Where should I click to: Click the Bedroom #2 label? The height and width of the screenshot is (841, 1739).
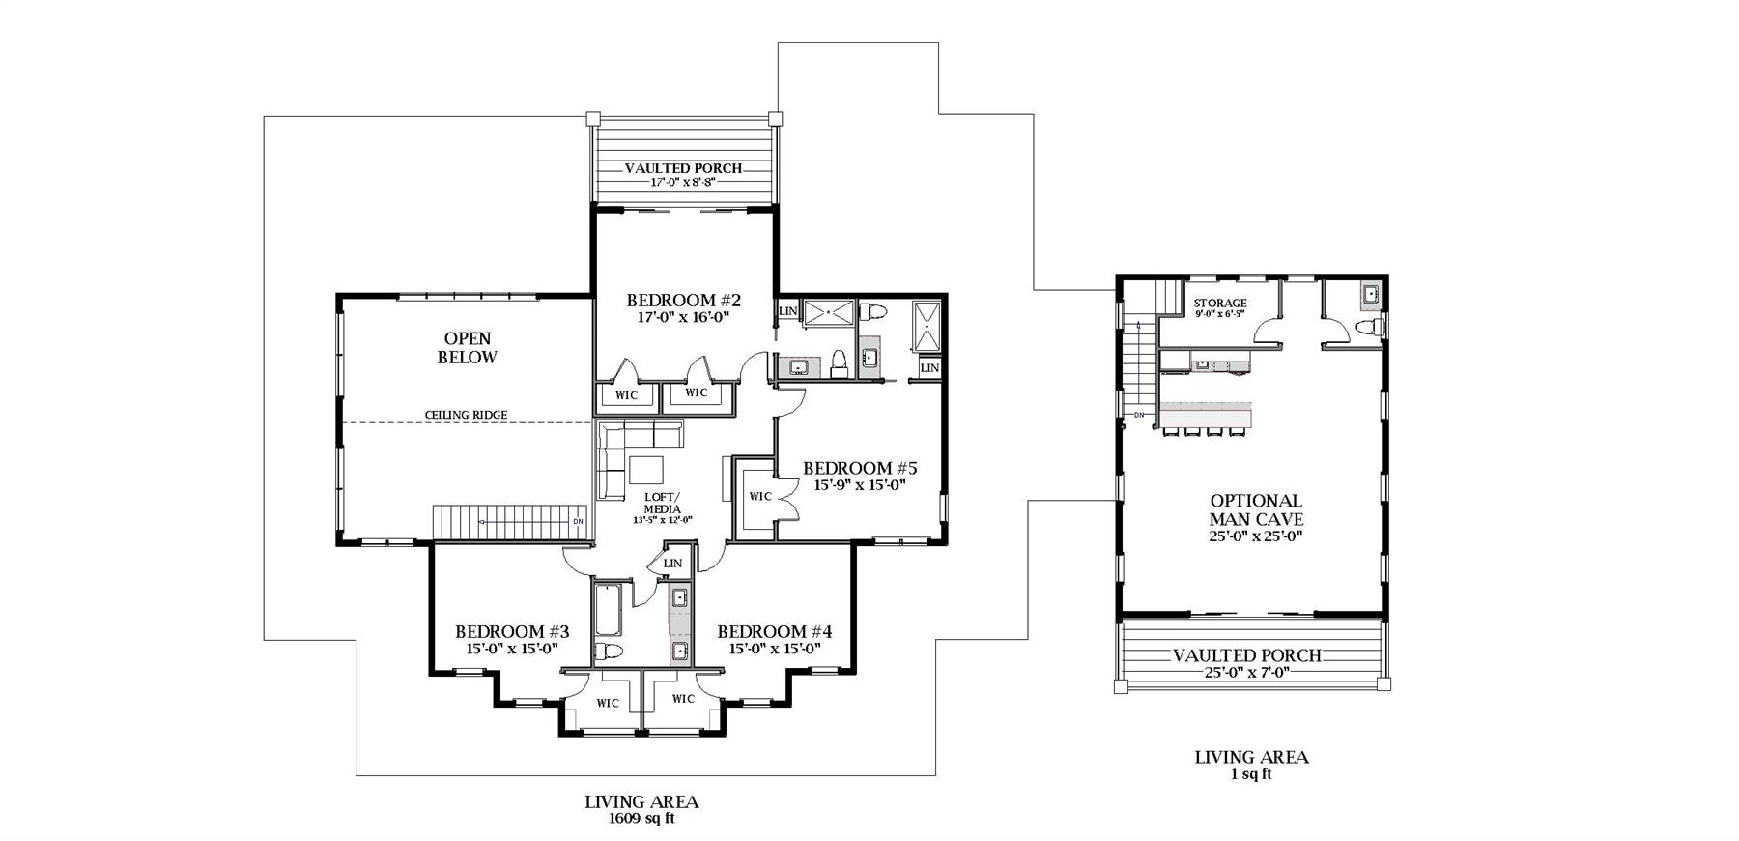[x=683, y=301]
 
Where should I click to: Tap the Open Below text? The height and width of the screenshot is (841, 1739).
[x=468, y=348]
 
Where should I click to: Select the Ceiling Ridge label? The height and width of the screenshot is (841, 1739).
[x=466, y=415]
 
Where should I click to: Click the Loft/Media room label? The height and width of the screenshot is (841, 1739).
[x=662, y=504]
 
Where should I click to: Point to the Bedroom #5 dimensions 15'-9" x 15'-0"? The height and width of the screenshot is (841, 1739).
[x=859, y=485]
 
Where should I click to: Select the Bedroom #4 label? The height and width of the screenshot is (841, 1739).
[x=774, y=632]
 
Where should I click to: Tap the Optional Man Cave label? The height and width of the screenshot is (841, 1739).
[x=1256, y=509]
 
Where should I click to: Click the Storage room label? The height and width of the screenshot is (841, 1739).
[x=1219, y=304]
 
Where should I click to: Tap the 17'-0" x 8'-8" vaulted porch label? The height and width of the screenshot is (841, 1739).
[x=682, y=182]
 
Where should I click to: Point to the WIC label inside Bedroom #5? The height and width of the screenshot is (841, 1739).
[x=760, y=496]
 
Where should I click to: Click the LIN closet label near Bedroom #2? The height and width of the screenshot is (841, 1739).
[x=788, y=311]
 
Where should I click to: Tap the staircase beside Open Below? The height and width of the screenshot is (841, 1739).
[x=508, y=522]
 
